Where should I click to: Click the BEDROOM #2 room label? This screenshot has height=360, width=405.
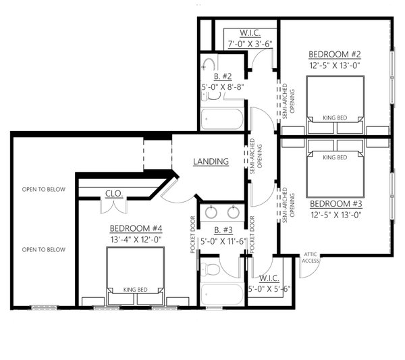pyautogui.click(x=335, y=54)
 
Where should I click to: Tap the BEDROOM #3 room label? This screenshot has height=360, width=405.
pyautogui.click(x=335, y=203)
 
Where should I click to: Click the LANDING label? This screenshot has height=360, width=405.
pyautogui.click(x=211, y=161)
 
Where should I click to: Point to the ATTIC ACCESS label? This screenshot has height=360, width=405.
pyautogui.click(x=310, y=257)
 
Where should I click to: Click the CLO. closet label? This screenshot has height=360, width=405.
pyautogui.click(x=113, y=193)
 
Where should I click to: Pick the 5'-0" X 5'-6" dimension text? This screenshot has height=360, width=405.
pyautogui.click(x=268, y=289)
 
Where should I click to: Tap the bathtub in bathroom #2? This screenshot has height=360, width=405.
pyautogui.click(x=223, y=121)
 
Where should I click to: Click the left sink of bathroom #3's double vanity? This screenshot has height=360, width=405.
pyautogui.click(x=211, y=212)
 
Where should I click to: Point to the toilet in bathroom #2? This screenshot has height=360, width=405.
pyautogui.click(x=208, y=66)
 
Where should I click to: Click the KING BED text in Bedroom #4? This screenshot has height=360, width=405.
pyautogui.click(x=135, y=290)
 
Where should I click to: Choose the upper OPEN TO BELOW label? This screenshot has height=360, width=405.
pyautogui.click(x=43, y=189)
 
